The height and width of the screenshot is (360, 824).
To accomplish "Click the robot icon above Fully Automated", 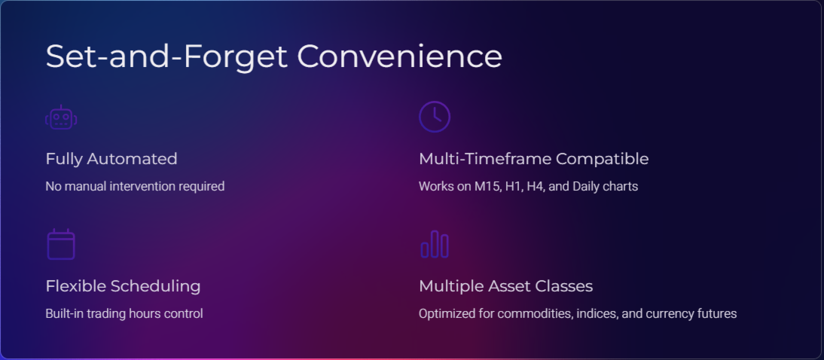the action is point(61,117).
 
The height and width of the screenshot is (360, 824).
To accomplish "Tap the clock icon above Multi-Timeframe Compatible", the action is point(435,117).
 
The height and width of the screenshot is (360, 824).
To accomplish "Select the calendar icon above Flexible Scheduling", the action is point(61,244).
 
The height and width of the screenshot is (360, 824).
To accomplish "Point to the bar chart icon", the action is point(435,244).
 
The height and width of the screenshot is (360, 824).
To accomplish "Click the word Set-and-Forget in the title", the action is point(166,56).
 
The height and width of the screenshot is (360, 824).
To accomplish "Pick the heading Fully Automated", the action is point(111,159).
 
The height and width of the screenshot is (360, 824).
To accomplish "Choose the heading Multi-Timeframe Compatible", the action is point(533,159).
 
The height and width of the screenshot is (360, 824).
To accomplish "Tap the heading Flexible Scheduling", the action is point(123,286).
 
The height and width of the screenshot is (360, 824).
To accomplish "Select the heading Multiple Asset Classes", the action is point(505,286).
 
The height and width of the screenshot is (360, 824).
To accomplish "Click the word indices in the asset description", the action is point(598,314).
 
